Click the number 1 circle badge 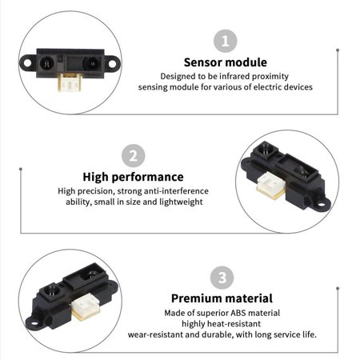225,42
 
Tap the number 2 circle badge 133,156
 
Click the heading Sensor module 225,62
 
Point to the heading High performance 133,177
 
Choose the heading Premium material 222,298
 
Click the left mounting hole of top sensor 30,60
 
